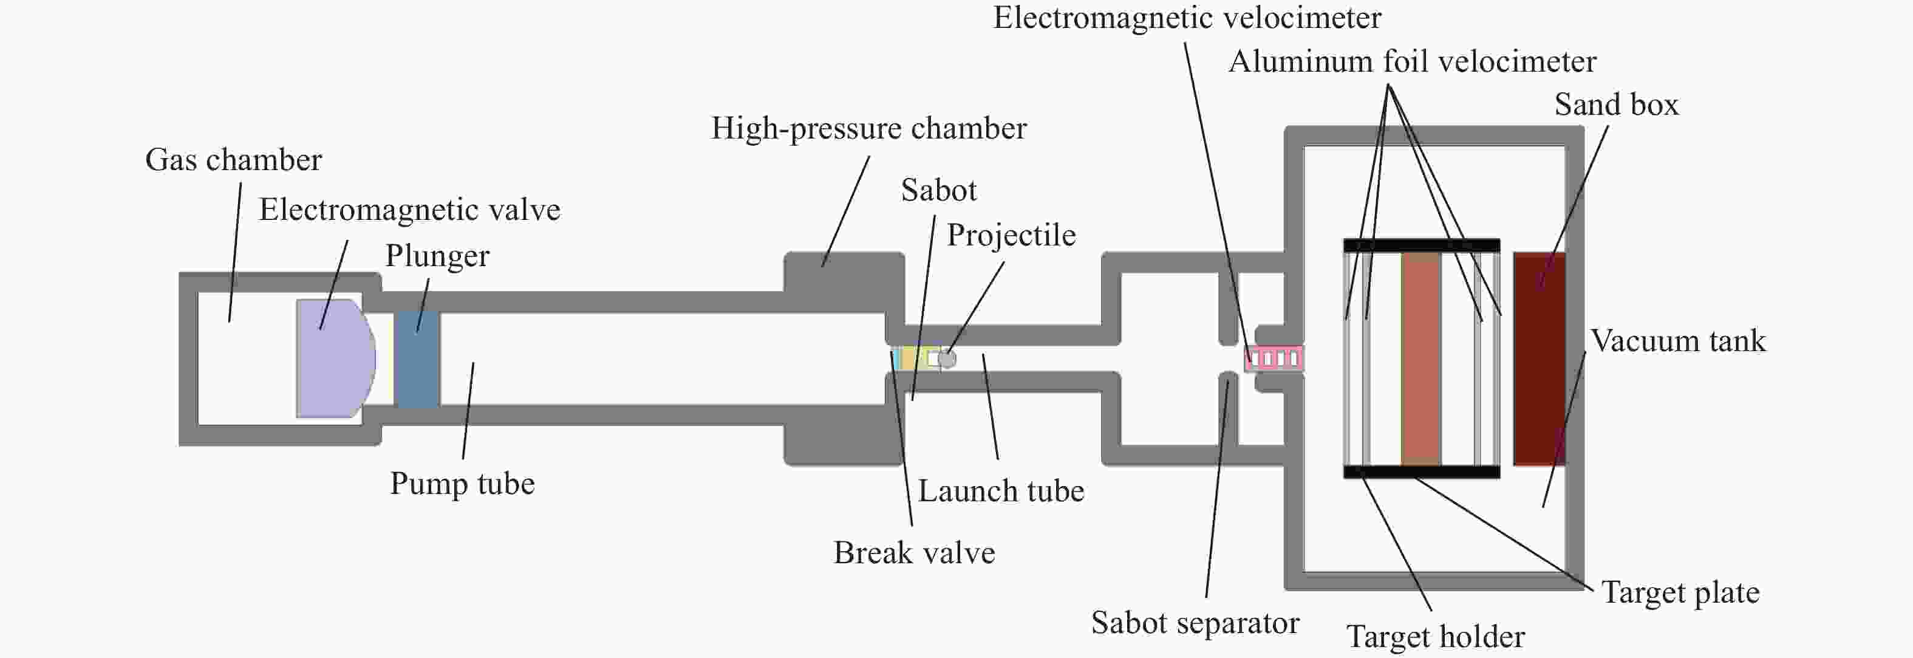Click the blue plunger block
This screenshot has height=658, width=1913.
[417, 358]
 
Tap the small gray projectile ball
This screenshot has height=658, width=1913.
[947, 358]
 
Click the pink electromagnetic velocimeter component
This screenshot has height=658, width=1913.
[1274, 358]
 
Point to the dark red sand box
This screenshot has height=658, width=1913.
[1540, 358]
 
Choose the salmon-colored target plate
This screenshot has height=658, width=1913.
[1420, 358]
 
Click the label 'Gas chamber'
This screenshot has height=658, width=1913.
[233, 160]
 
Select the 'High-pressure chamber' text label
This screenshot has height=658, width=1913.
[869, 128]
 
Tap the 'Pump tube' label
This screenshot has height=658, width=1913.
[462, 484]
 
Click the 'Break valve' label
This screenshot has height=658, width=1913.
[914, 552]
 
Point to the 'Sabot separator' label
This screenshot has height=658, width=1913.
[1195, 622]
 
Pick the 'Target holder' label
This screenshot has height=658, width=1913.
[1436, 637]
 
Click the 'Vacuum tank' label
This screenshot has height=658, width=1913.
[1677, 341]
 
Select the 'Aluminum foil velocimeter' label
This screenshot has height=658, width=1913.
[1413, 61]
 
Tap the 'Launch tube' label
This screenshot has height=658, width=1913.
[1001, 491]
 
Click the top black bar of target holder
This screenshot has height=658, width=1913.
[1421, 245]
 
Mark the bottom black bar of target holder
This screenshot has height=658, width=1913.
[1421, 471]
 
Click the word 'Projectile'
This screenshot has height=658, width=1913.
[1011, 235]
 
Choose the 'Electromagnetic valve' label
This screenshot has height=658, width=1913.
[409, 210]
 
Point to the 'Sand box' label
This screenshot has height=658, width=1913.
[1616, 105]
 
